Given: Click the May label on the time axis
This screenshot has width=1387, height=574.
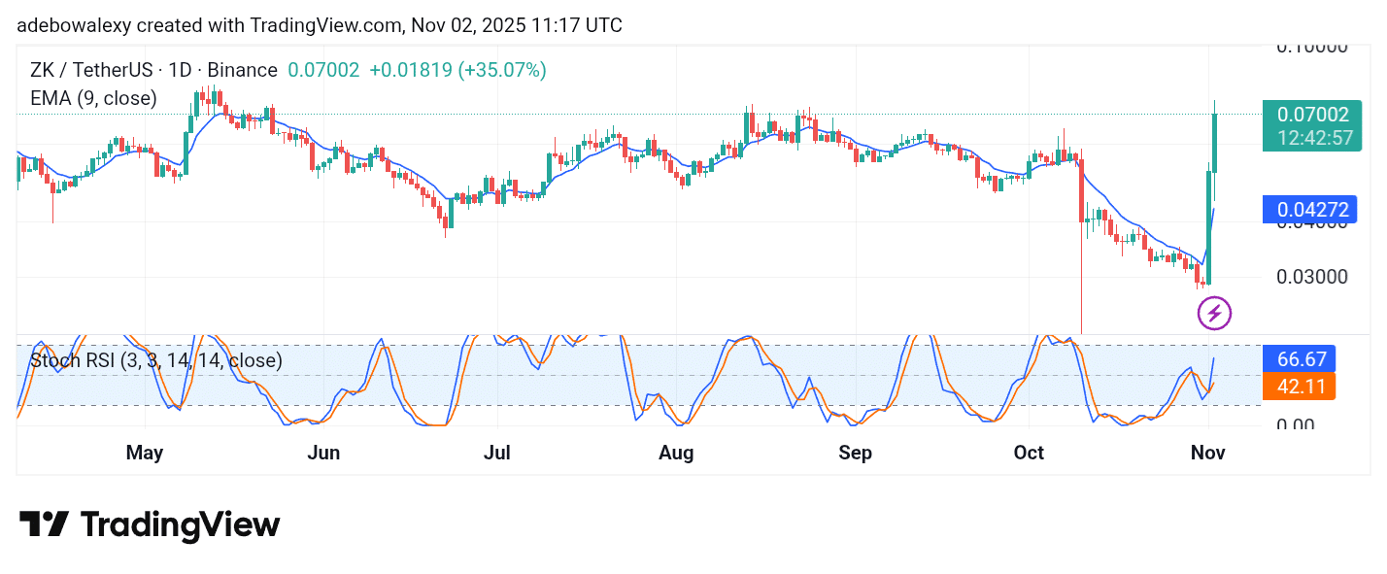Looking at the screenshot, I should [145, 453].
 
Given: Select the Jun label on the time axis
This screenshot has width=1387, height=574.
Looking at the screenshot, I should [322, 453].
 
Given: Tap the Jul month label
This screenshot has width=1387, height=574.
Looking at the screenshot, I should [497, 453].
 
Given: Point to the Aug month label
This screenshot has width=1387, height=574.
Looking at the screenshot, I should [676, 453].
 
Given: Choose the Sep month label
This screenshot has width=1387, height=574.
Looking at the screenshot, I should [855, 453].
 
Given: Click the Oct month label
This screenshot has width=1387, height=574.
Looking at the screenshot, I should [1029, 453].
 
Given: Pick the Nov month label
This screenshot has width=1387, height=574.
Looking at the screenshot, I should [1208, 453].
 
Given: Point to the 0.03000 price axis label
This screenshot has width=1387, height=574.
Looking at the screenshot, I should [1310, 277].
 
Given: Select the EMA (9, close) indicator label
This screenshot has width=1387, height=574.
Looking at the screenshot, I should [93, 98].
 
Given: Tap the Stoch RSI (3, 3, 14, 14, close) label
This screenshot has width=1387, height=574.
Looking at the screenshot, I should [156, 361].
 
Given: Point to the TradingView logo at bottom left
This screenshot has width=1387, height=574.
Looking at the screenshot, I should [150, 525].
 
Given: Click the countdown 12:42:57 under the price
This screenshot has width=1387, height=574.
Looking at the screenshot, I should [1315, 138].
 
